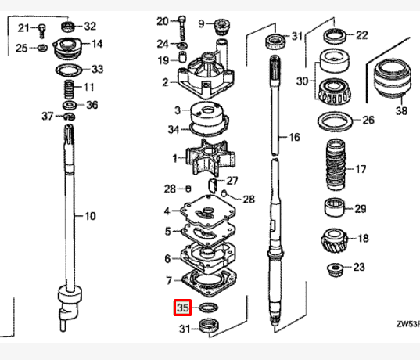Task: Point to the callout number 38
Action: pos(401,110)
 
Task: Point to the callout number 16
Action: pos(294,138)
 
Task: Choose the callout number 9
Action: pos(201,23)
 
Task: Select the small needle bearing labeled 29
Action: pos(336,208)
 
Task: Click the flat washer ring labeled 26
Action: pos(337,121)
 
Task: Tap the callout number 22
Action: pos(361,35)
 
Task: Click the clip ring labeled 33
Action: pos(71,70)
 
